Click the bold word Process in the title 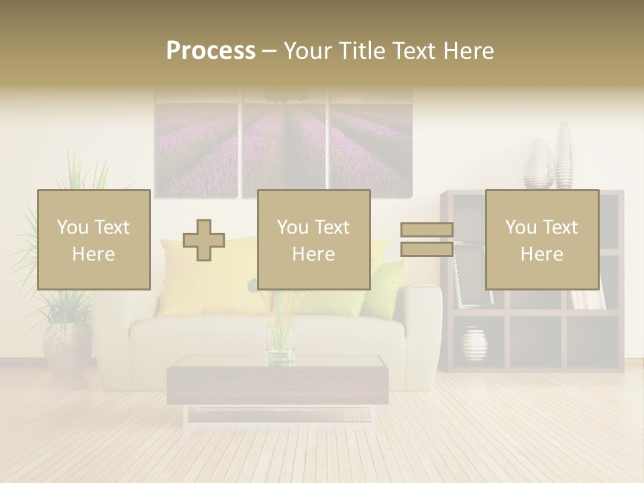(211, 50)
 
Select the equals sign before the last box (427, 239)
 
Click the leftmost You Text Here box (94, 239)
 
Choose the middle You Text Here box (314, 239)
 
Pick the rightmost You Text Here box (541, 239)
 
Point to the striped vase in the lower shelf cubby (474, 344)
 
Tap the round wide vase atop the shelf (539, 166)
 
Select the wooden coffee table (277, 382)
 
